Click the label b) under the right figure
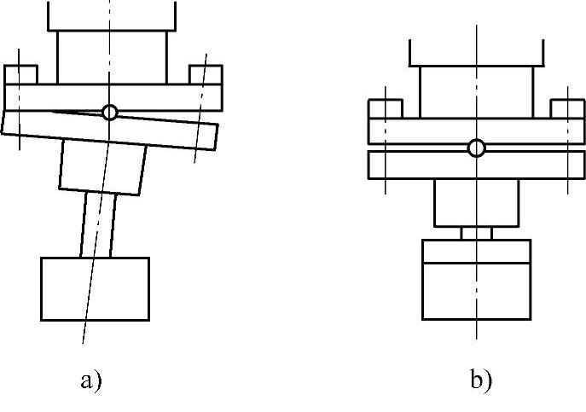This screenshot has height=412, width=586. click(x=481, y=379)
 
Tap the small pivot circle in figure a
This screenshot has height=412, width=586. click(x=109, y=112)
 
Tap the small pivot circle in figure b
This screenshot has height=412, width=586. click(x=477, y=148)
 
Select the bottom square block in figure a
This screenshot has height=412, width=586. click(x=96, y=288)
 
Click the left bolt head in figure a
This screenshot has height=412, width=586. click(x=20, y=75)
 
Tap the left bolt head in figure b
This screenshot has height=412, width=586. click(x=385, y=110)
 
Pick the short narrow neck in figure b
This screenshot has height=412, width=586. click(x=477, y=233)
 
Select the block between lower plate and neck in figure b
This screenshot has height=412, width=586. click(x=477, y=203)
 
